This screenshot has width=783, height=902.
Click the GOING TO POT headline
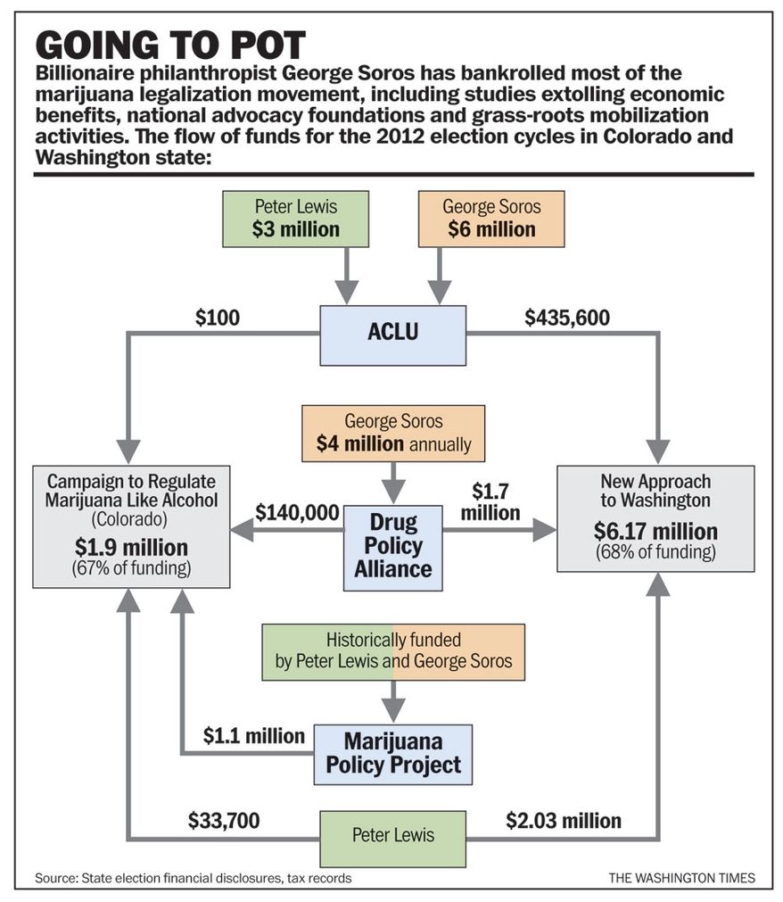[x=170, y=46]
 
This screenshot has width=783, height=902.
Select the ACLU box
[x=392, y=335]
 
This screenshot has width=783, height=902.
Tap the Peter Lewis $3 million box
[x=295, y=219]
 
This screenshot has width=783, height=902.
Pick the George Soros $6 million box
[x=491, y=219]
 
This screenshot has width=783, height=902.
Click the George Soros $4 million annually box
[x=393, y=434]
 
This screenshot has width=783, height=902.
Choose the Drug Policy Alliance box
[x=393, y=548]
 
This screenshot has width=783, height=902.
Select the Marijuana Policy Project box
[x=393, y=754]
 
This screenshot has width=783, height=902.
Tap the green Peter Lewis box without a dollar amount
[x=392, y=839]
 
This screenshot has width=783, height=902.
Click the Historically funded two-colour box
[x=393, y=652]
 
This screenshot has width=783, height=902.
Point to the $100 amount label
[x=218, y=318]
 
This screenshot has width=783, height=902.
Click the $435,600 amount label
[x=567, y=318]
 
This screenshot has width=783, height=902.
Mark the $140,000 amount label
[x=297, y=512]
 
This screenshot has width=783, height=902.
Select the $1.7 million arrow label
[x=490, y=501]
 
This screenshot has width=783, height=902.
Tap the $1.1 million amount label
[x=253, y=736]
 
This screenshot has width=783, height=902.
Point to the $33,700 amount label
[x=224, y=820]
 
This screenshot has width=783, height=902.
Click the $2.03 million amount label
[x=564, y=820]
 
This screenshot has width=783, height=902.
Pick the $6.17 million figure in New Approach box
[x=655, y=531]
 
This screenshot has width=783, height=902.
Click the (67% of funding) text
[x=131, y=568]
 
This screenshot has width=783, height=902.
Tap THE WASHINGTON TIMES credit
[x=682, y=878]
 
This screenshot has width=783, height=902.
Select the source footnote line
[x=194, y=879]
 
